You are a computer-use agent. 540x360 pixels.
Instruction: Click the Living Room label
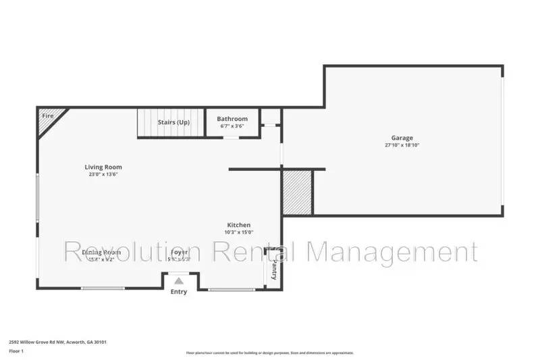pos(103,167)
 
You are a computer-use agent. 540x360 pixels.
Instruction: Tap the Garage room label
pos(402,138)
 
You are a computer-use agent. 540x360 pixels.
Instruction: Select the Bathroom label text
pos(232,119)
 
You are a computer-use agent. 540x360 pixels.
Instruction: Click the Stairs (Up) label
pos(173,122)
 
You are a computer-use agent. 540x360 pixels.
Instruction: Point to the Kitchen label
pos(238,225)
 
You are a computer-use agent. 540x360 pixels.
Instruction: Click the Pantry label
pos(274,272)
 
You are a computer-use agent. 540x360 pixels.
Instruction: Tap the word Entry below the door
pos(179,292)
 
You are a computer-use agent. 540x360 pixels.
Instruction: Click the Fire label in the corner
pos(47,116)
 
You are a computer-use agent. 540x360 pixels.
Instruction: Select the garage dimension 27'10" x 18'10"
pos(402,145)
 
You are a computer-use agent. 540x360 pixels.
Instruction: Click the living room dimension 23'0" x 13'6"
pos(103,174)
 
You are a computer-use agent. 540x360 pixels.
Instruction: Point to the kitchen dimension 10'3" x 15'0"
pos(238,232)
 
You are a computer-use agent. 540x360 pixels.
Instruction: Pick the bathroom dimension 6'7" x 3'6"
pos(232,126)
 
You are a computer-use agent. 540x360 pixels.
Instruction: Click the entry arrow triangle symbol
pos(179,281)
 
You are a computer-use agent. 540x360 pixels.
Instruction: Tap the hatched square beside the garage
pos(297,192)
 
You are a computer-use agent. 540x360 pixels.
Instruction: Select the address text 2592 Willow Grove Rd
pos(57,342)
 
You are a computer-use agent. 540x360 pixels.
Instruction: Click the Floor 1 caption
pos(16,351)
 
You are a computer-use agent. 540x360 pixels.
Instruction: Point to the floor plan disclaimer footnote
pos(270,353)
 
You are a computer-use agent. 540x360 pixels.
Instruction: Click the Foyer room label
pos(180,252)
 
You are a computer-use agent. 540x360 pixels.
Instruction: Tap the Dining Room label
pos(101,252)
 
